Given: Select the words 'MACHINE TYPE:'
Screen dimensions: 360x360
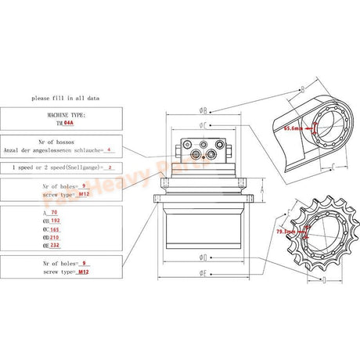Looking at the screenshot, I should click(61, 114).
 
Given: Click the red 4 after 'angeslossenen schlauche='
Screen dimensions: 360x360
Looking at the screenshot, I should click(109, 149).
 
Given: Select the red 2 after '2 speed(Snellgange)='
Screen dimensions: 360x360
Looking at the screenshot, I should click(109, 167).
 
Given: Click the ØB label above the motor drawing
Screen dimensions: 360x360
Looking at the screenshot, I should click(203, 110).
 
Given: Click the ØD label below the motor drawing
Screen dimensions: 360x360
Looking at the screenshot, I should click(203, 256).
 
